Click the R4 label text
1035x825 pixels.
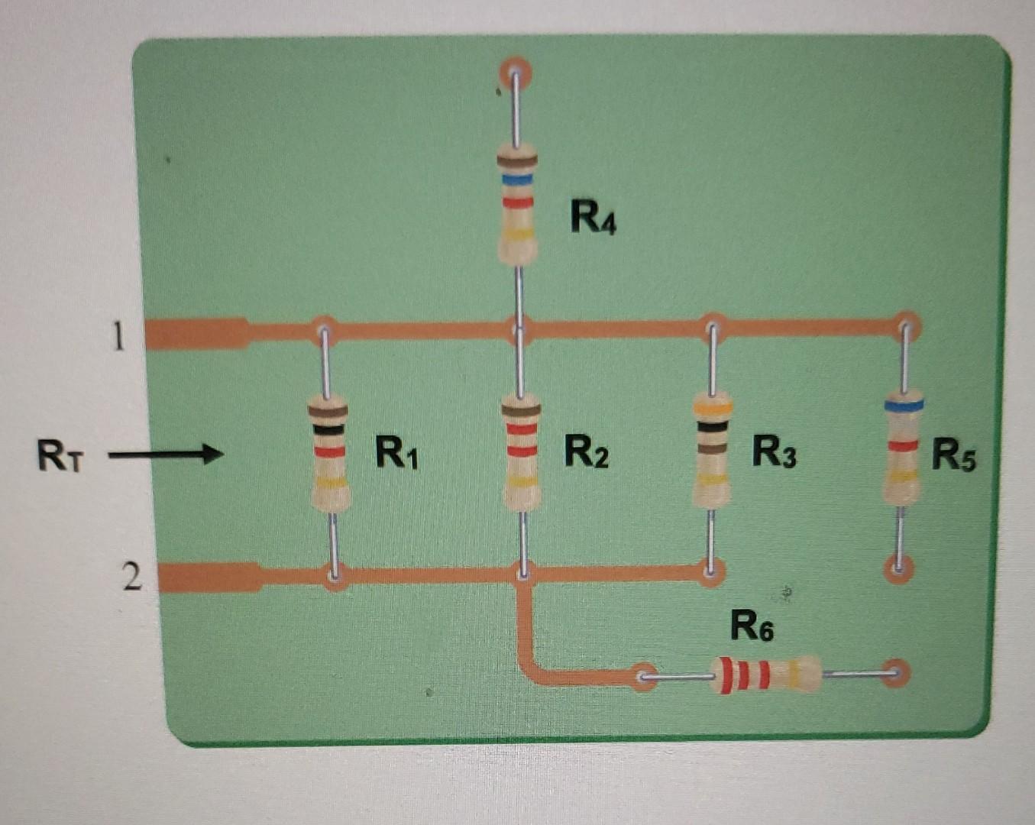click(593, 218)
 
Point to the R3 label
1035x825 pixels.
click(775, 451)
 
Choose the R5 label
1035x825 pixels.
click(954, 455)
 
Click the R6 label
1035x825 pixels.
click(752, 626)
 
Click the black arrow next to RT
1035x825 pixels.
click(167, 455)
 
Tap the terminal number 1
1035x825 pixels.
click(118, 336)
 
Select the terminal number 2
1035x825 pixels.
click(131, 577)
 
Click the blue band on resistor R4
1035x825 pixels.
click(517, 179)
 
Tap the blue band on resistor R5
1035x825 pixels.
click(904, 405)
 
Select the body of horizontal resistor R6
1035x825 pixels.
click(765, 675)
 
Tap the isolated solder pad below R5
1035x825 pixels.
click(898, 568)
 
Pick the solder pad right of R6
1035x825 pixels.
click(895, 673)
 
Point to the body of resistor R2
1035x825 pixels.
click(522, 451)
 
